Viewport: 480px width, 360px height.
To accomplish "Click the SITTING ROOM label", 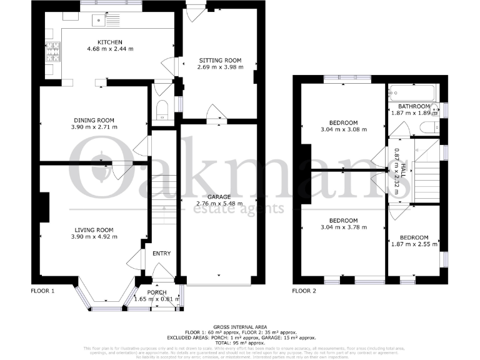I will coord(219,60).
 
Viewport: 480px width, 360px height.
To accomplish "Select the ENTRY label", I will coord(161,253).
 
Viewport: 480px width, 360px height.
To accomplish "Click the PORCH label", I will coord(157,292).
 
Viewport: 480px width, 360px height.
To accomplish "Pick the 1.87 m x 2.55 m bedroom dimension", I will coord(414,245).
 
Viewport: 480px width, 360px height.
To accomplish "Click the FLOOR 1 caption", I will coord(43,291).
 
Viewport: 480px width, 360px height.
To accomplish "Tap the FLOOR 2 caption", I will coord(304,291).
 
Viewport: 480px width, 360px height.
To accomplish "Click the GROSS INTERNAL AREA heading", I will coord(241,327).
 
